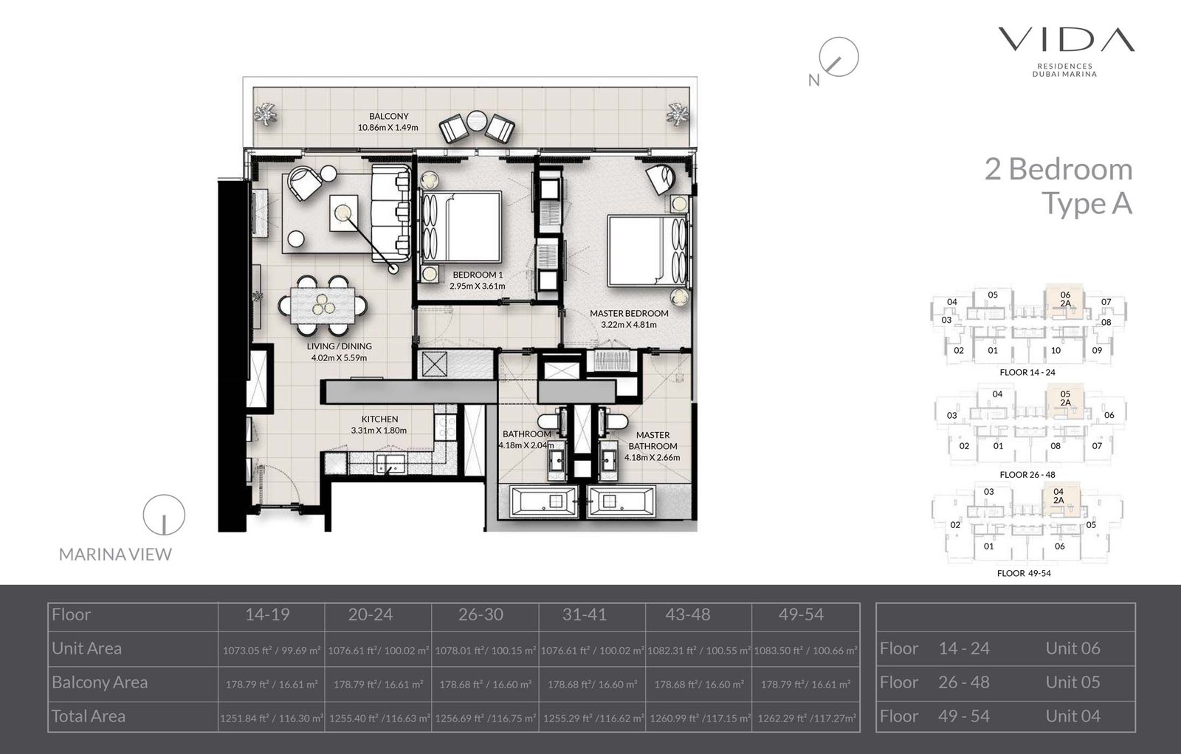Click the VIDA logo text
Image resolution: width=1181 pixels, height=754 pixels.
click(x=1066, y=40)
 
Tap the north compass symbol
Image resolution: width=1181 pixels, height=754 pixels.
click(x=839, y=58)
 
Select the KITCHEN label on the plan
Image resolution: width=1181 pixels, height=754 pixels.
click(x=379, y=419)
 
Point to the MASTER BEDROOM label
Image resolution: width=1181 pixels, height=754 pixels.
click(x=629, y=313)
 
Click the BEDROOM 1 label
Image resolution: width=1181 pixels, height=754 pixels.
click(x=478, y=275)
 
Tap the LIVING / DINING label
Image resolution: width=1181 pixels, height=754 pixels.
click(x=340, y=346)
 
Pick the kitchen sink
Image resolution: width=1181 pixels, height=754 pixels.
click(x=389, y=464)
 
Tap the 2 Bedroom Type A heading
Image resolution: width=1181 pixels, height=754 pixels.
click(x=1058, y=185)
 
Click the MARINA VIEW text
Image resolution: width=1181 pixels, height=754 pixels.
click(x=115, y=555)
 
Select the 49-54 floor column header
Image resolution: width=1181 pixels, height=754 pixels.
click(x=801, y=614)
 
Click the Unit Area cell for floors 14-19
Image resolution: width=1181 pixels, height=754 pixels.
click(x=271, y=651)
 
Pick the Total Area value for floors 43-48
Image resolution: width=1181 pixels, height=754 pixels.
click(x=699, y=718)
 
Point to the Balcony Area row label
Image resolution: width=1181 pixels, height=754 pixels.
click(x=100, y=682)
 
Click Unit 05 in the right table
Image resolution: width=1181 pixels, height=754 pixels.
click(x=1072, y=682)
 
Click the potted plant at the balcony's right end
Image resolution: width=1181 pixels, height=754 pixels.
click(x=675, y=114)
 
